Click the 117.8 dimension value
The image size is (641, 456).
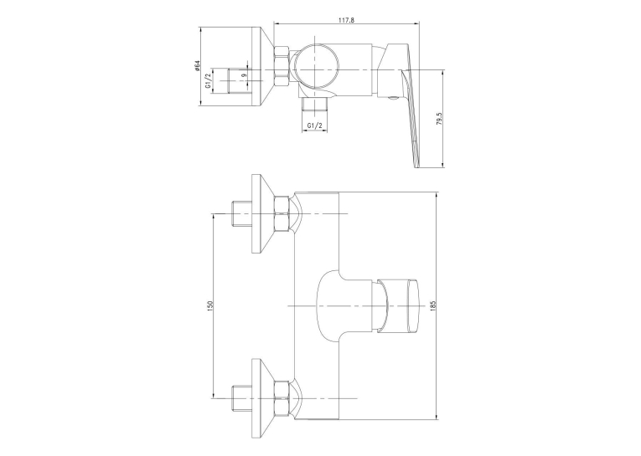pos(347,19)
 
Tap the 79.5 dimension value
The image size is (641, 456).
pos(439,119)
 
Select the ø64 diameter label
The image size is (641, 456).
pos(197,66)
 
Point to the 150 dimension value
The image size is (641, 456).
pos(210,305)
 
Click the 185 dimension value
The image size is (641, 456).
pos(434,305)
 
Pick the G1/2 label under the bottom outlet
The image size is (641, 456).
pos(315,126)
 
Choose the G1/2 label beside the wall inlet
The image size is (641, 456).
pos(209,80)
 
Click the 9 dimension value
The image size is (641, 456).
pos(244,75)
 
